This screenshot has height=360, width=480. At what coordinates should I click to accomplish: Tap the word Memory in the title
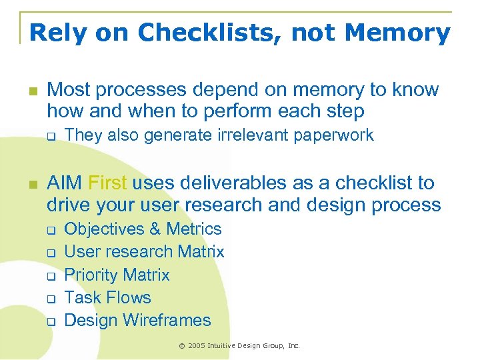click(397, 32)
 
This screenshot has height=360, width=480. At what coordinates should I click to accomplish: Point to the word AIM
click(65, 183)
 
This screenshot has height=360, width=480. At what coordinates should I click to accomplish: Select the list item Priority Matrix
click(117, 275)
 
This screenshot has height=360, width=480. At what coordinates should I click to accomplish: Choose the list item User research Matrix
click(144, 251)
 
